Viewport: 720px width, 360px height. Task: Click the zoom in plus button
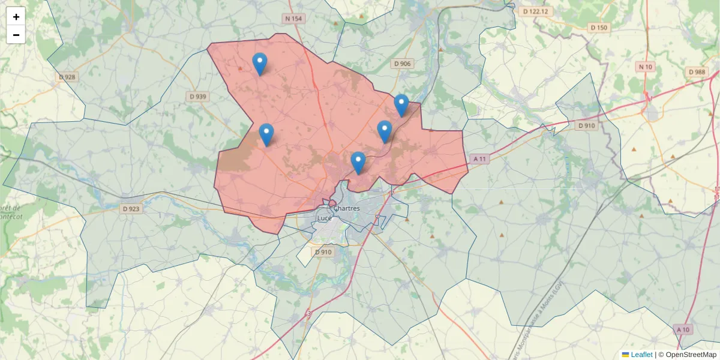click(x=16, y=17)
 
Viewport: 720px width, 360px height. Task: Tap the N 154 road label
click(x=294, y=19)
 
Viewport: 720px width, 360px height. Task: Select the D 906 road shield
click(x=403, y=64)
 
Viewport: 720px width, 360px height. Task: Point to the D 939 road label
click(x=197, y=96)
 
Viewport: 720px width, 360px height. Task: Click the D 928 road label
click(x=68, y=77)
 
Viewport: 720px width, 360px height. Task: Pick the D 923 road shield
click(x=131, y=209)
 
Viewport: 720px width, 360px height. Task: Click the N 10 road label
click(x=646, y=67)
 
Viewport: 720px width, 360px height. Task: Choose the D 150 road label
click(x=599, y=28)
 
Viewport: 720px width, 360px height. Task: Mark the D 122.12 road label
click(x=536, y=11)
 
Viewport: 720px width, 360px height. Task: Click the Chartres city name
click(x=346, y=208)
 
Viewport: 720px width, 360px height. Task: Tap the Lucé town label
click(x=325, y=218)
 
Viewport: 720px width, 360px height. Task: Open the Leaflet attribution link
click(x=641, y=355)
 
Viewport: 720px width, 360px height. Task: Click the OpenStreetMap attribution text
click(x=691, y=355)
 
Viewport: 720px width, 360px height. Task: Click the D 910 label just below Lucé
click(x=323, y=252)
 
